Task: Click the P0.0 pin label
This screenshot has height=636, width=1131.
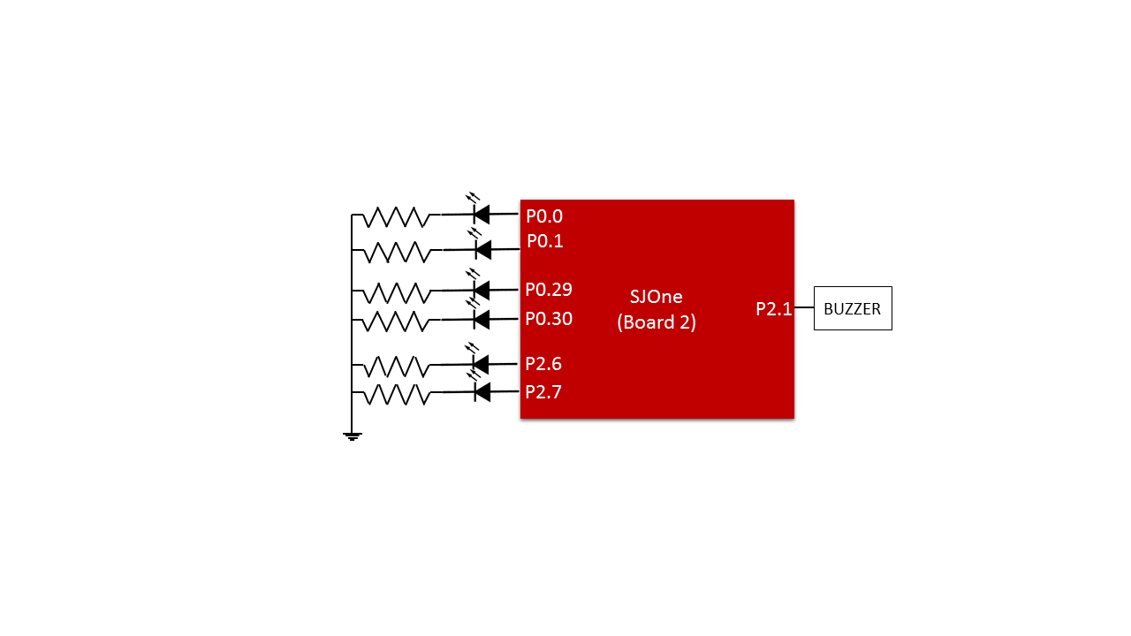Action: point(543,216)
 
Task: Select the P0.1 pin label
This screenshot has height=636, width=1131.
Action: point(545,241)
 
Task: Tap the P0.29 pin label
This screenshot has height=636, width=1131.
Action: point(549,289)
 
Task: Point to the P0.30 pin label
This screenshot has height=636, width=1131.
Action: point(549,319)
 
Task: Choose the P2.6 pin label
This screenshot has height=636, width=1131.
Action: point(543,363)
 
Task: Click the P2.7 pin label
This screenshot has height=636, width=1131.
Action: point(543,391)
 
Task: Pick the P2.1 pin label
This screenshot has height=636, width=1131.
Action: point(773,309)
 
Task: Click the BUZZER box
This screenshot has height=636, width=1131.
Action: point(853,308)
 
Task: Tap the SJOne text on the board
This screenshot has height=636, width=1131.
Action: point(656,296)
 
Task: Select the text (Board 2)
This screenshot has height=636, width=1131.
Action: point(657,322)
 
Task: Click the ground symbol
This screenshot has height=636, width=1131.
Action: point(352,436)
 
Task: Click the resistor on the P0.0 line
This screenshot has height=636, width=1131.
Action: point(397,216)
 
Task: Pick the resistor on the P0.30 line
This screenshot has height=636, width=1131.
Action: point(397,321)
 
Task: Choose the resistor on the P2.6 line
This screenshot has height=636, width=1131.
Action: point(397,367)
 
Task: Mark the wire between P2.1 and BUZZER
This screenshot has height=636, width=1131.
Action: point(804,307)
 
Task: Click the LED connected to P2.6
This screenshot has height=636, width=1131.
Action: point(479,360)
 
